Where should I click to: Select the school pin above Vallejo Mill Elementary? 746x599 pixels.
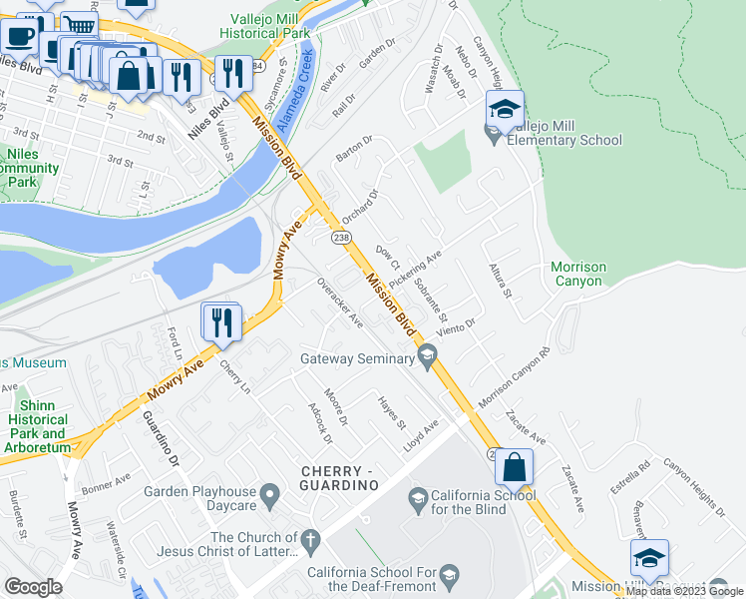[x=506, y=110]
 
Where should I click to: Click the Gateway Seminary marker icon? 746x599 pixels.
[x=428, y=353]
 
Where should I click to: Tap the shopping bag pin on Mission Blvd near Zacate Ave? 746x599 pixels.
[x=514, y=467]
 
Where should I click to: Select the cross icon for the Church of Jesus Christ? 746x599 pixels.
[x=310, y=542]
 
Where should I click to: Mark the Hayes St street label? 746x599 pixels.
[x=392, y=411]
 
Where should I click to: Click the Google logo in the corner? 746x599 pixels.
[x=34, y=586]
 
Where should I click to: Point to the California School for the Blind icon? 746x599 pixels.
[x=418, y=497]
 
